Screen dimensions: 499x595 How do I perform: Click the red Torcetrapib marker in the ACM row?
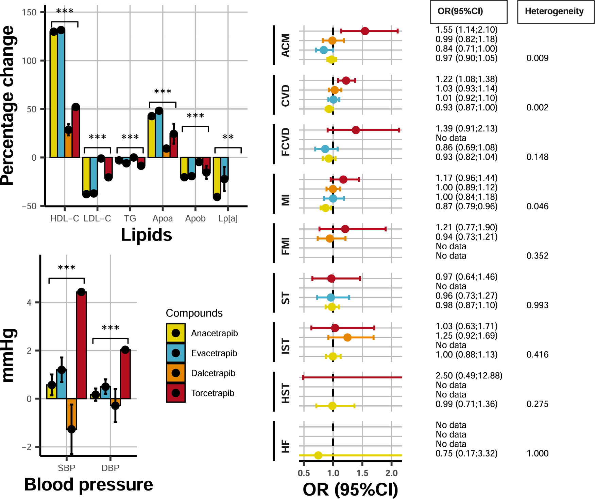click(365, 31)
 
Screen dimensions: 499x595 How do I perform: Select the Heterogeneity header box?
click(556, 12)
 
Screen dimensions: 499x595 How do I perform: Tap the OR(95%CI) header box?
click(468, 12)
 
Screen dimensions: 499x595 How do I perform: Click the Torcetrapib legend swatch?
click(176, 393)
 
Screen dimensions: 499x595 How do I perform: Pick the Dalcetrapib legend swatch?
click(176, 373)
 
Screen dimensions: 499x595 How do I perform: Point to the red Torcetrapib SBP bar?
click(82, 345)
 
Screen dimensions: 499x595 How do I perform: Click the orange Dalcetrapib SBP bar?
click(71, 414)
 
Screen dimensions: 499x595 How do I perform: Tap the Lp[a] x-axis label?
click(228, 218)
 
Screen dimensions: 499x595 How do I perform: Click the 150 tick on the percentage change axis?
click(29, 13)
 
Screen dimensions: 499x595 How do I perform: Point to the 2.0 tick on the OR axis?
click(391, 473)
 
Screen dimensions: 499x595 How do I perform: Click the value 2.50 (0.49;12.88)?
click(469, 376)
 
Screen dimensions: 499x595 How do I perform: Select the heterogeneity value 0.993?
click(537, 305)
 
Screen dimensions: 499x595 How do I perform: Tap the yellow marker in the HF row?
click(318, 455)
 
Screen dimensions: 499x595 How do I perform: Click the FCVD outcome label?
click(286, 142)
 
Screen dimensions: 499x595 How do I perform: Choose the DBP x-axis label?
click(111, 468)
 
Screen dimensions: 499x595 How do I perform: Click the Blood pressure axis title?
click(88, 484)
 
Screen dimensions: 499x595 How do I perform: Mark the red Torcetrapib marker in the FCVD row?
click(356, 130)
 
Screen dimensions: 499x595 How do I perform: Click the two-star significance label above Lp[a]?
click(228, 137)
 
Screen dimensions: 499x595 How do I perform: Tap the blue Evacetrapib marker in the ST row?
click(331, 298)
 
